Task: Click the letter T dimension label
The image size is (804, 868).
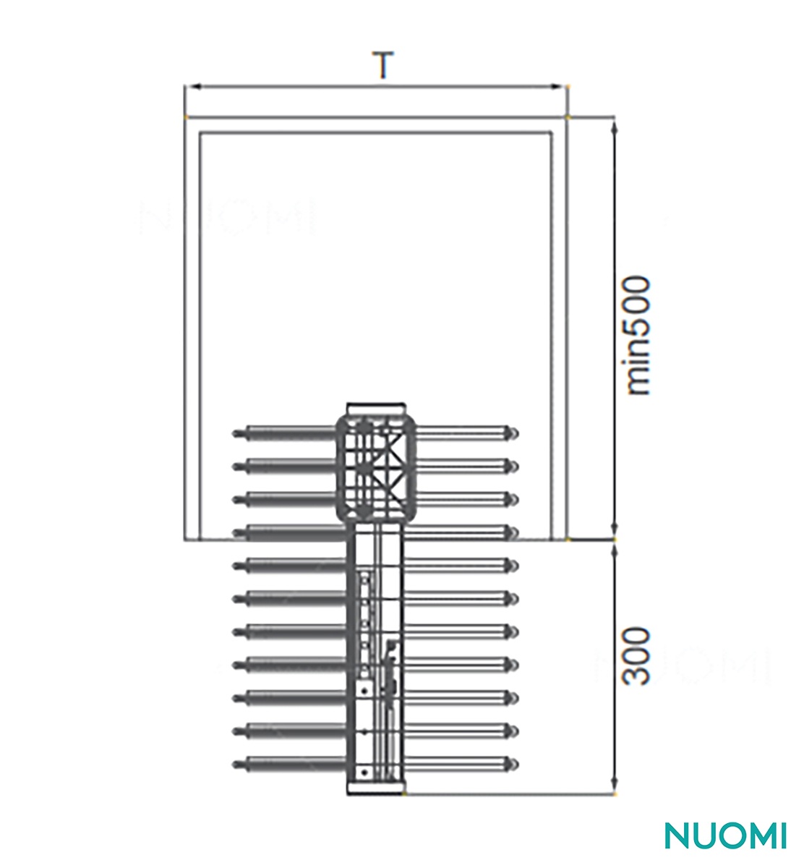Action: click(x=382, y=64)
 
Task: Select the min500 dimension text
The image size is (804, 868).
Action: click(x=638, y=335)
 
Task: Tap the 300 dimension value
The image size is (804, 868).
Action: click(x=636, y=655)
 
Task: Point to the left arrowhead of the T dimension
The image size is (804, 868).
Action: click(x=193, y=87)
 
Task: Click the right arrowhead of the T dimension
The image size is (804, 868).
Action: click(x=560, y=87)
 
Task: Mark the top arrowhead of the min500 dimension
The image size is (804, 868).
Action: click(x=615, y=127)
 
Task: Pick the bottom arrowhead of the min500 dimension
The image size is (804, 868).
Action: click(x=615, y=531)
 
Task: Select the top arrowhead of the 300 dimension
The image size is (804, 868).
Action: click(x=615, y=550)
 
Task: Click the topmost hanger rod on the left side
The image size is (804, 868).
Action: click(x=284, y=433)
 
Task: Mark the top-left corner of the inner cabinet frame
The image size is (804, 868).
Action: click(x=200, y=132)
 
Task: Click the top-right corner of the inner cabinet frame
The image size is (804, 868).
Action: click(x=552, y=132)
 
